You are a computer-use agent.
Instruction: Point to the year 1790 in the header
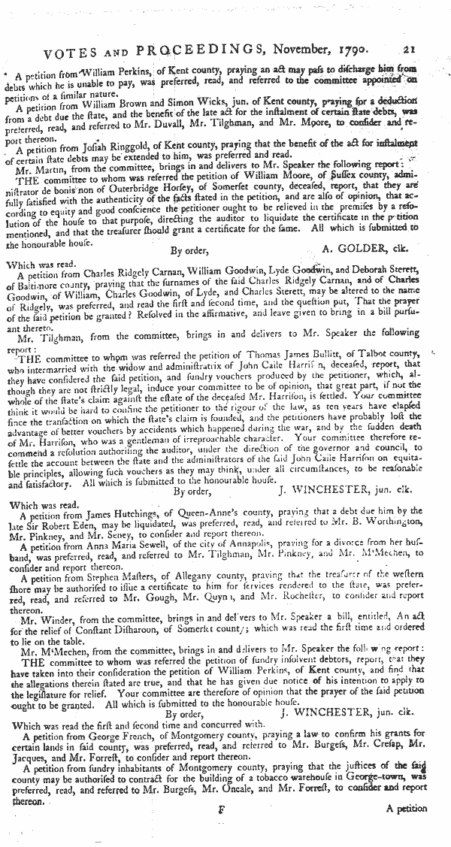(346, 50)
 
